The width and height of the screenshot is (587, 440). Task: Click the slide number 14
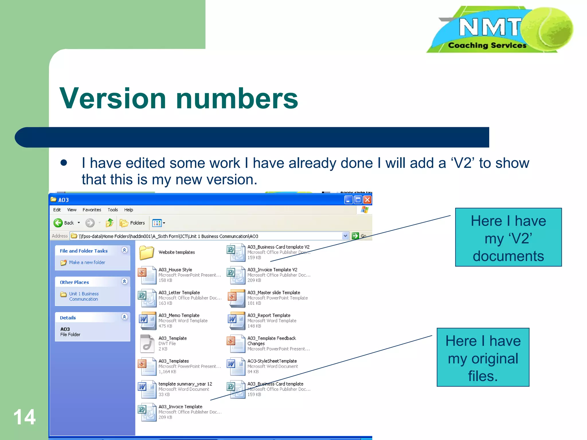coord(25,417)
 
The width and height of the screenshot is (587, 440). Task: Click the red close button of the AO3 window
coord(367,200)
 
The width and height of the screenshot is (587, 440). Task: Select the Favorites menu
coord(92,210)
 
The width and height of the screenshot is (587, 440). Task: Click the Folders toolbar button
coord(132,223)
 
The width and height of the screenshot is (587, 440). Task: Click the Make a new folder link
coord(87,262)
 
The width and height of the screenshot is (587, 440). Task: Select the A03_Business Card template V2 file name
coord(278,247)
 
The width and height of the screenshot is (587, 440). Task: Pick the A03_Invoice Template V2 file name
coord(272,270)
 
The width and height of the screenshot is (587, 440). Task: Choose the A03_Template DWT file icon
coord(147,343)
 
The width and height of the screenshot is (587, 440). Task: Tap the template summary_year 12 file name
coord(185,384)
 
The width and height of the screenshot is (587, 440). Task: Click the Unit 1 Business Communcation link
coord(84,296)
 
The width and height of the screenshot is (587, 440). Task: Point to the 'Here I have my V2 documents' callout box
coord(508,237)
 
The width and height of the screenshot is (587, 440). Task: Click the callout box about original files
coord(483,357)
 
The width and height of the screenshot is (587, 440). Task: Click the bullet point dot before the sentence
coord(64,163)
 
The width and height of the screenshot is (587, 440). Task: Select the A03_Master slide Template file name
coord(274,292)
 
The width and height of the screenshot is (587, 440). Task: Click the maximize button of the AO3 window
coord(358,200)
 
